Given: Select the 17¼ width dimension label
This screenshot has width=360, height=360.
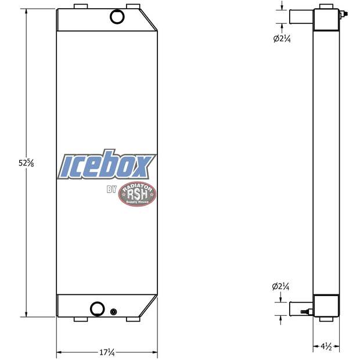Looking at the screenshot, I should pyautogui.click(x=106, y=352).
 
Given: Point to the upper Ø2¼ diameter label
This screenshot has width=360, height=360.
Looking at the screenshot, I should pyautogui.click(x=282, y=39).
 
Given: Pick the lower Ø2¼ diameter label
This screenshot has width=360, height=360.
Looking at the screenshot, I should pyautogui.click(x=282, y=286).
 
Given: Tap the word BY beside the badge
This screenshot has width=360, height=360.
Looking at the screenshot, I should pyautogui.click(x=112, y=189).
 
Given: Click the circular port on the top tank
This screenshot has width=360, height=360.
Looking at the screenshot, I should pyautogui.click(x=118, y=17).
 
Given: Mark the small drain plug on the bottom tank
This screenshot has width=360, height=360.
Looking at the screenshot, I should pyautogui.click(x=113, y=312).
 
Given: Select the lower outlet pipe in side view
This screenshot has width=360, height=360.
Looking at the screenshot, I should pyautogui.click(x=301, y=308).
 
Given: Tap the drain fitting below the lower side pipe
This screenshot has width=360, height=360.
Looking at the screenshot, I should pyautogui.click(x=304, y=314).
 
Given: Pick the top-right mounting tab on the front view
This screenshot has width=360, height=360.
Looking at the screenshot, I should pyautogui.click(x=134, y=8).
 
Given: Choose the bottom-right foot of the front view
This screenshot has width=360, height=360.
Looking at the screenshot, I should pyautogui.click(x=135, y=320).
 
